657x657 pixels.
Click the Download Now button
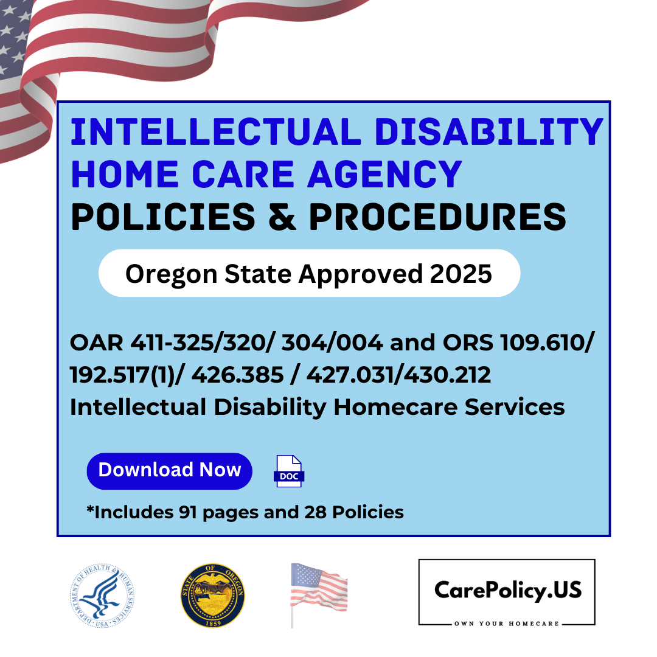(169, 471)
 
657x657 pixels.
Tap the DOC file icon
(289, 471)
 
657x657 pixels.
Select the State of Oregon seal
(213, 596)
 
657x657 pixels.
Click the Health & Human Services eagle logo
(102, 596)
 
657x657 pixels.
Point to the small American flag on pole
(319, 595)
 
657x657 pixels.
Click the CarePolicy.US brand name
(508, 590)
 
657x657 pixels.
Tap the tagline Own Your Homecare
(507, 624)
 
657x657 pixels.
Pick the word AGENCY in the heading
(384, 174)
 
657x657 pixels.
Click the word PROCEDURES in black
(437, 217)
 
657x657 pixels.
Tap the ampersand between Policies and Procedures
(282, 217)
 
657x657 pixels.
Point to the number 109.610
(543, 342)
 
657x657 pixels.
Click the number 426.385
(237, 375)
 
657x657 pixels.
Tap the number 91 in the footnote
(188, 512)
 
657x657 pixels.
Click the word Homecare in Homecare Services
(395, 407)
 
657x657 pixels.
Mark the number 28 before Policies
(315, 512)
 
